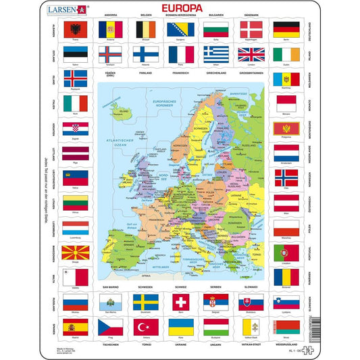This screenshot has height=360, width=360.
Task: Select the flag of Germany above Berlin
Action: point(286,29)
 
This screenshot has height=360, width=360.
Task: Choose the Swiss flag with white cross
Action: point(180,301)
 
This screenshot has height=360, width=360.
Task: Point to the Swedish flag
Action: point(145,301)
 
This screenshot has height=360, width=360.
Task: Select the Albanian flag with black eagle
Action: point(74,29)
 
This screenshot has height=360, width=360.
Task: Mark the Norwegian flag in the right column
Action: point(286,176)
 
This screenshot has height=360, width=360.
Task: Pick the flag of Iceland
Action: point(74,78)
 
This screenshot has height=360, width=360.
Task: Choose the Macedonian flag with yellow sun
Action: point(74,253)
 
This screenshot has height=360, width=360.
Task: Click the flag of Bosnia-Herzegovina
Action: point(181,29)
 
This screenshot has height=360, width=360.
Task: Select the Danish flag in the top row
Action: point(251,29)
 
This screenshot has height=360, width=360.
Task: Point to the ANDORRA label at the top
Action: point(109,14)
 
